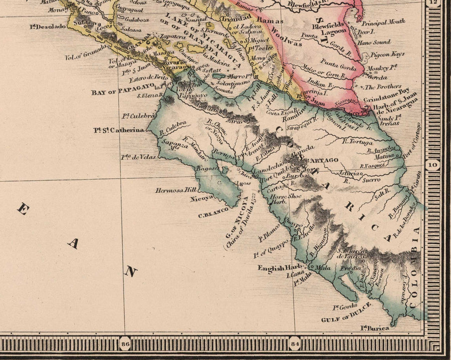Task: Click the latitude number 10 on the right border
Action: (432, 163)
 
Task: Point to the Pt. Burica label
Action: (375, 328)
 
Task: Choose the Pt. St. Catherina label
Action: (118, 130)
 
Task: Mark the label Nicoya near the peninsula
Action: (201, 198)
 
